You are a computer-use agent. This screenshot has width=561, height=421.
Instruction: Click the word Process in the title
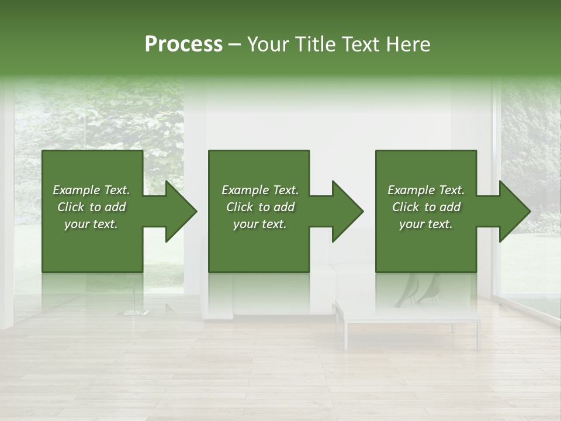pos(183,44)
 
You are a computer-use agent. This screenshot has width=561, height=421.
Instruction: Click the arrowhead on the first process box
pos(175,211)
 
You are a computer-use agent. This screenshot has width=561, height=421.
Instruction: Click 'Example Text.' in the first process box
pos(91,190)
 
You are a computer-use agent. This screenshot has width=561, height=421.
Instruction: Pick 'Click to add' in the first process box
pos(91,207)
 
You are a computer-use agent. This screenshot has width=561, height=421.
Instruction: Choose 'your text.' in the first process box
pos(91,224)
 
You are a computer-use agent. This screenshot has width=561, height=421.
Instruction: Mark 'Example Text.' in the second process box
pos(260,190)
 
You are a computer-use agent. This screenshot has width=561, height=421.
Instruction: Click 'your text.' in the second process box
pos(260,224)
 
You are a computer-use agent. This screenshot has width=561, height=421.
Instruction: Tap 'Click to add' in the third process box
pos(426,207)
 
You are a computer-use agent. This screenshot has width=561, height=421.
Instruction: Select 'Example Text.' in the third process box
pos(426,190)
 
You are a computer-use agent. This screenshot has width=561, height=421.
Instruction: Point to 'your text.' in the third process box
pos(426,224)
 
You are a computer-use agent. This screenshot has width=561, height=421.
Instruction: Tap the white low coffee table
pos(409,316)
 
